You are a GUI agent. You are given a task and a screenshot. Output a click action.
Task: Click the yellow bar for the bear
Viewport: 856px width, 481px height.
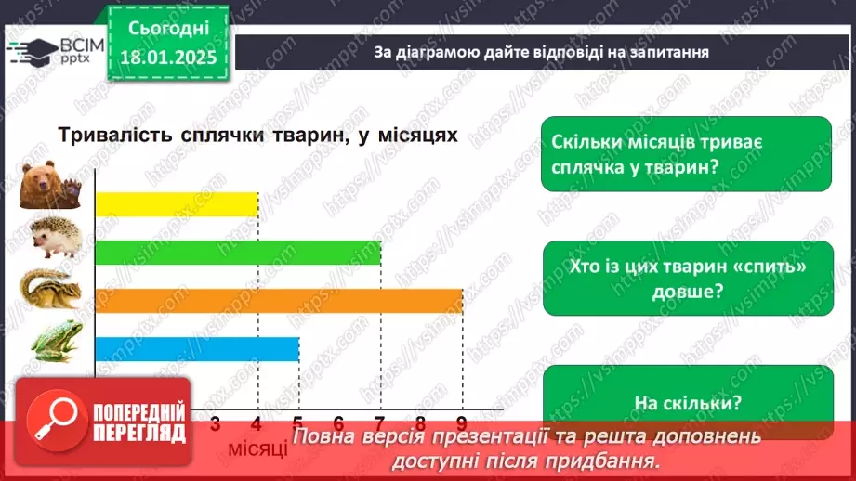pos(177,203)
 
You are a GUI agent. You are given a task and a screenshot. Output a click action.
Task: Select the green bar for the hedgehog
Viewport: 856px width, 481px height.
pos(238,252)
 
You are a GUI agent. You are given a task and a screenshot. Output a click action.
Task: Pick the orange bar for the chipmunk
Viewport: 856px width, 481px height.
pos(279,300)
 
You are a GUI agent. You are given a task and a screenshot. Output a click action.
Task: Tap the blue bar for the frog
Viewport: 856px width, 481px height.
pos(196,348)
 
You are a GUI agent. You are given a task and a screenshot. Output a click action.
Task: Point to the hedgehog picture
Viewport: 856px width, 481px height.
pos(56,239)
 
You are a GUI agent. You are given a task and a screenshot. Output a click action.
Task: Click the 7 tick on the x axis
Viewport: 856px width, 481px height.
pos(380,422)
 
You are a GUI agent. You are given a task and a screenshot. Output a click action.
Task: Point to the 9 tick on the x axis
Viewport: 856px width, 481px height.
pos(462,422)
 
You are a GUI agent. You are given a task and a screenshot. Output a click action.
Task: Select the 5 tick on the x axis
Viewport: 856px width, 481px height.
pos(298,422)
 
